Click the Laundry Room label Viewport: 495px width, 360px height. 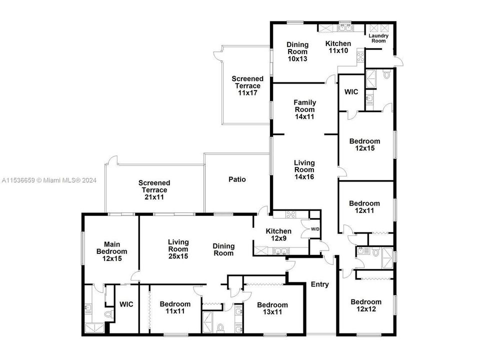[x=378, y=38]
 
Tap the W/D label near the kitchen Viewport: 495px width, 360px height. [x=315, y=229]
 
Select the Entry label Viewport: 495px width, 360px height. [x=320, y=284]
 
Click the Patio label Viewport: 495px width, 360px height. [x=237, y=179]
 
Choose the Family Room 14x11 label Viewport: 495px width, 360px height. [x=304, y=109]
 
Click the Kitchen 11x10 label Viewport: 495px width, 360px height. [x=338, y=47]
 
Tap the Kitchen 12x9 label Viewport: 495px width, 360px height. [x=278, y=234]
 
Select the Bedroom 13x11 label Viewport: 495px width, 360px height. [x=272, y=308]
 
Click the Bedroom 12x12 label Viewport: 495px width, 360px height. [x=366, y=305]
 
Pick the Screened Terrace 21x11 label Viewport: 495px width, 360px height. [x=154, y=190]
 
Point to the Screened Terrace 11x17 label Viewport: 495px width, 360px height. [x=247, y=85]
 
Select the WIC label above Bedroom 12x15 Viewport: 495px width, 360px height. [x=351, y=92]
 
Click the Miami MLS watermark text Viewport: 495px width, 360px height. [x=50, y=180]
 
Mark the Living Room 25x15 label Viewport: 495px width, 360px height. [x=178, y=249]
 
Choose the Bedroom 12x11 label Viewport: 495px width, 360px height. [x=364, y=207]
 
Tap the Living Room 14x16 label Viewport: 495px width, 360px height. [x=304, y=169]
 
